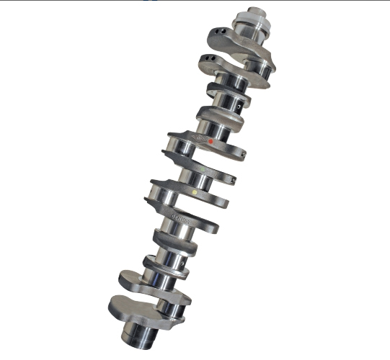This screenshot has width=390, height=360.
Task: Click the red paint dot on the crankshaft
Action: click(210, 142)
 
